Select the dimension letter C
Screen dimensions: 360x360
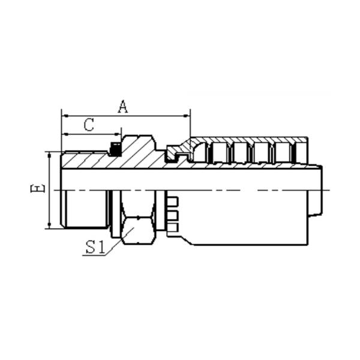pyautogui.click(x=89, y=125)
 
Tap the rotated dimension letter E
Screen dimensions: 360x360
pyautogui.click(x=37, y=189)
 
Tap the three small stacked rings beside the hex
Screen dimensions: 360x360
pyautogui.click(x=173, y=214)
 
